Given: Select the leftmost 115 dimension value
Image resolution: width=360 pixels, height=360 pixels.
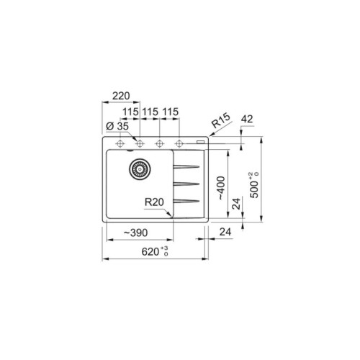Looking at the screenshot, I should pyautogui.click(x=130, y=112).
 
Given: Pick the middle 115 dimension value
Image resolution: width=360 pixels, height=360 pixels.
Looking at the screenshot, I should pyautogui.click(x=150, y=112).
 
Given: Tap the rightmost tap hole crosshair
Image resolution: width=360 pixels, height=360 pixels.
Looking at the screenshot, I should pyautogui.click(x=179, y=143).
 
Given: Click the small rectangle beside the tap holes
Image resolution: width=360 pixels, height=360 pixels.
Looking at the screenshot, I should pyautogui.click(x=199, y=143).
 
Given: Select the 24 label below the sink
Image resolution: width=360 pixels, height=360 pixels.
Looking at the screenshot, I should pyautogui.click(x=224, y=233).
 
